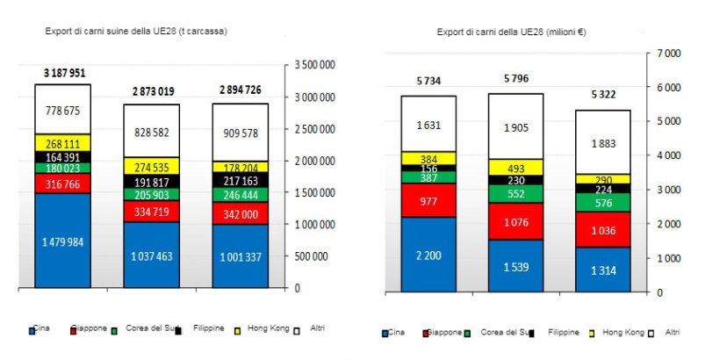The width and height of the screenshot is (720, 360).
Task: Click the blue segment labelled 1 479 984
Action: click(x=62, y=241)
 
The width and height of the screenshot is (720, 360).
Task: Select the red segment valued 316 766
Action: click(x=62, y=183)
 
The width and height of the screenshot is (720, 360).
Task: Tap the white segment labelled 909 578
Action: click(x=240, y=133)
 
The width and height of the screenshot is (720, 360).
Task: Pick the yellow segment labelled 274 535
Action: click(x=151, y=165)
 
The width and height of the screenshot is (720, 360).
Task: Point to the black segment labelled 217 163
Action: click(x=240, y=178)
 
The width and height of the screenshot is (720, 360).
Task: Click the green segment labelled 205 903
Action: click(x=151, y=194)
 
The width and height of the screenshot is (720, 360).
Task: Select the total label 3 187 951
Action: click(x=64, y=72)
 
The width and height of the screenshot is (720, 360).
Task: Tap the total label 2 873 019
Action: click(x=153, y=91)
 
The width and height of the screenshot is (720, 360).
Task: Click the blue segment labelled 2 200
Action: click(x=428, y=254)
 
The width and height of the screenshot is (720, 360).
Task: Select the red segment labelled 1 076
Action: click(x=516, y=221)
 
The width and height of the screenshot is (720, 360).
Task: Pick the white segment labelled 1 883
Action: click(x=604, y=143)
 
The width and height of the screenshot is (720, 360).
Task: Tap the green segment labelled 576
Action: click(x=604, y=203)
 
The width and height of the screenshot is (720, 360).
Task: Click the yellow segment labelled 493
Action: click(x=516, y=168)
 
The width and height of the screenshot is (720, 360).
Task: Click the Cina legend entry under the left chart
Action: click(x=40, y=328)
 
